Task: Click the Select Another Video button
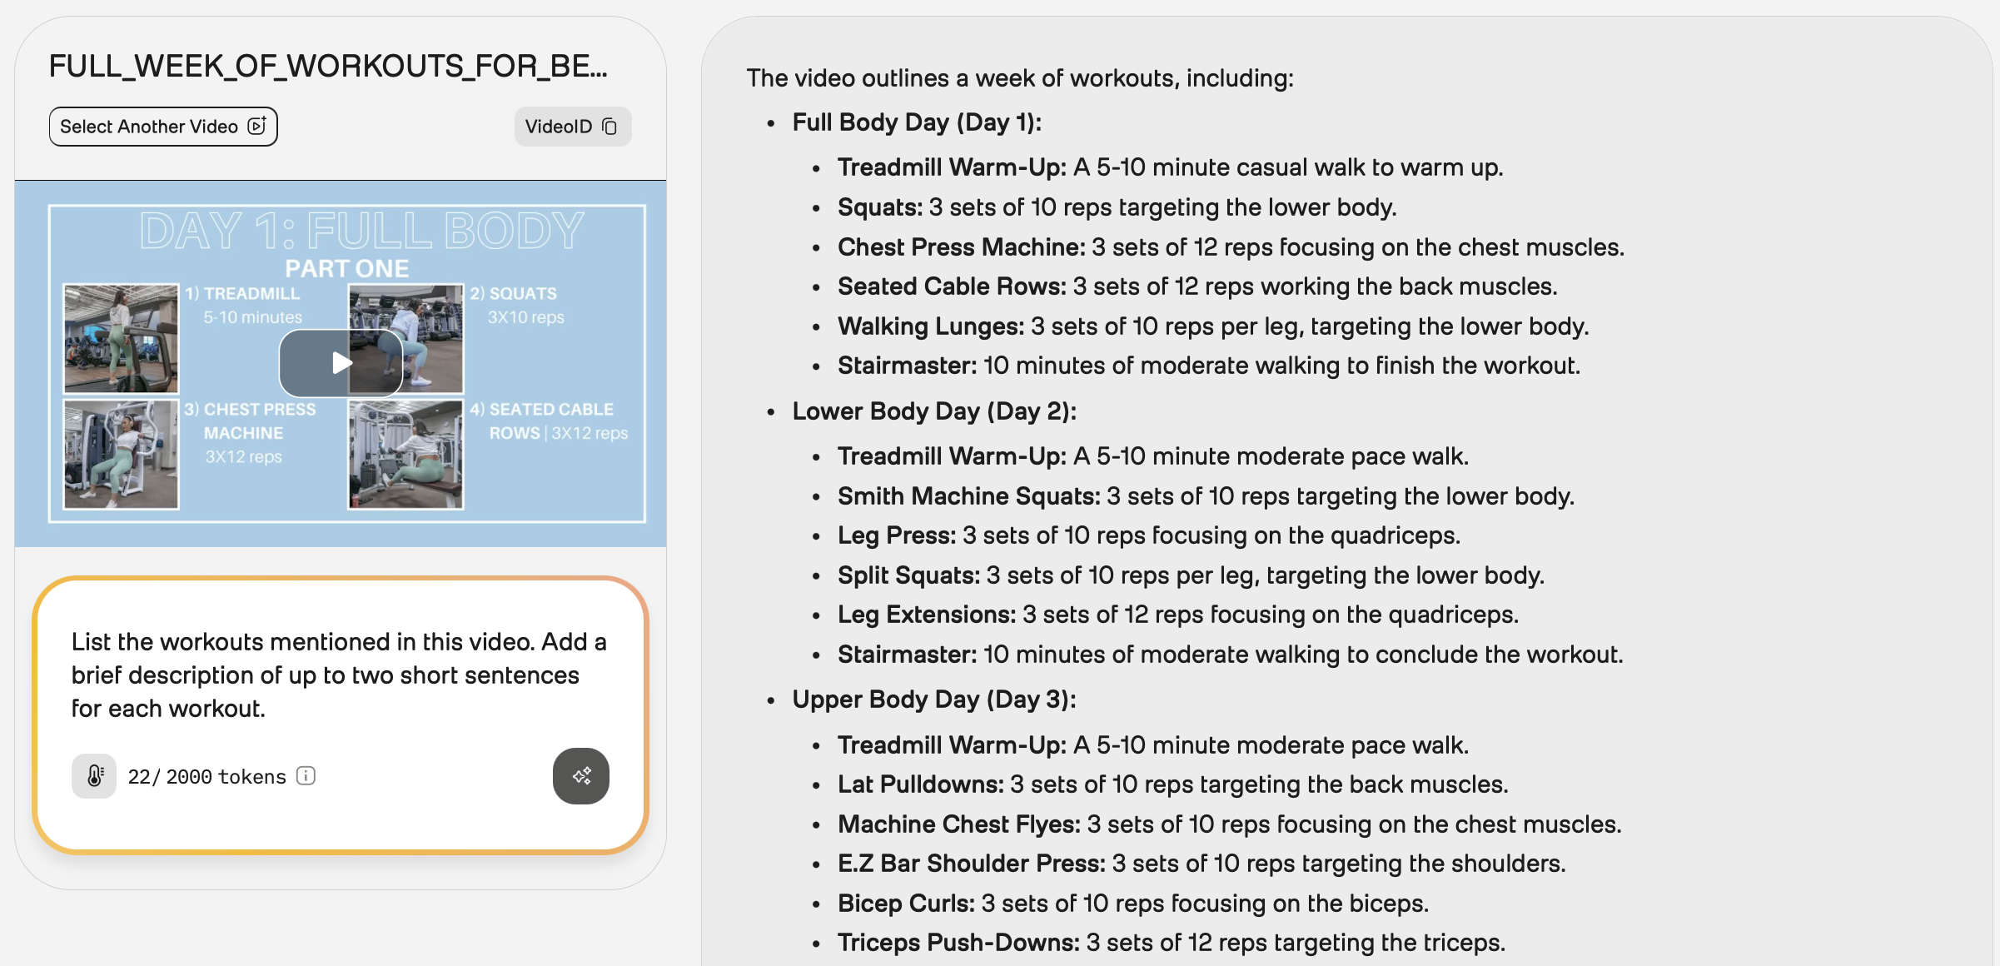163,127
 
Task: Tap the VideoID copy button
572,127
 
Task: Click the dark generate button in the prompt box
580,776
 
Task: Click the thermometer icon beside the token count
94,776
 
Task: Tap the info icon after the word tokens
306,776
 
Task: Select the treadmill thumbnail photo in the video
121,338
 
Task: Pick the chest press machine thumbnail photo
121,454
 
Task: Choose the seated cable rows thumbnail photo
405,454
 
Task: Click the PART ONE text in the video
346,269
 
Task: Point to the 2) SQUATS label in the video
513,294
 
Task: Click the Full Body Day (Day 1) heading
916,122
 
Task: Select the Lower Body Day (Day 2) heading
933,411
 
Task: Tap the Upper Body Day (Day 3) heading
933,700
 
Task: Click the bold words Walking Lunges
930,326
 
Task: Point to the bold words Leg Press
896,535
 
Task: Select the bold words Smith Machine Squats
968,496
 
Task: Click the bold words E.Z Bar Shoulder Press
971,864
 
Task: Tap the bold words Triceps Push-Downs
958,943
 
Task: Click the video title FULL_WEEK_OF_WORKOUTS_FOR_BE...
328,66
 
